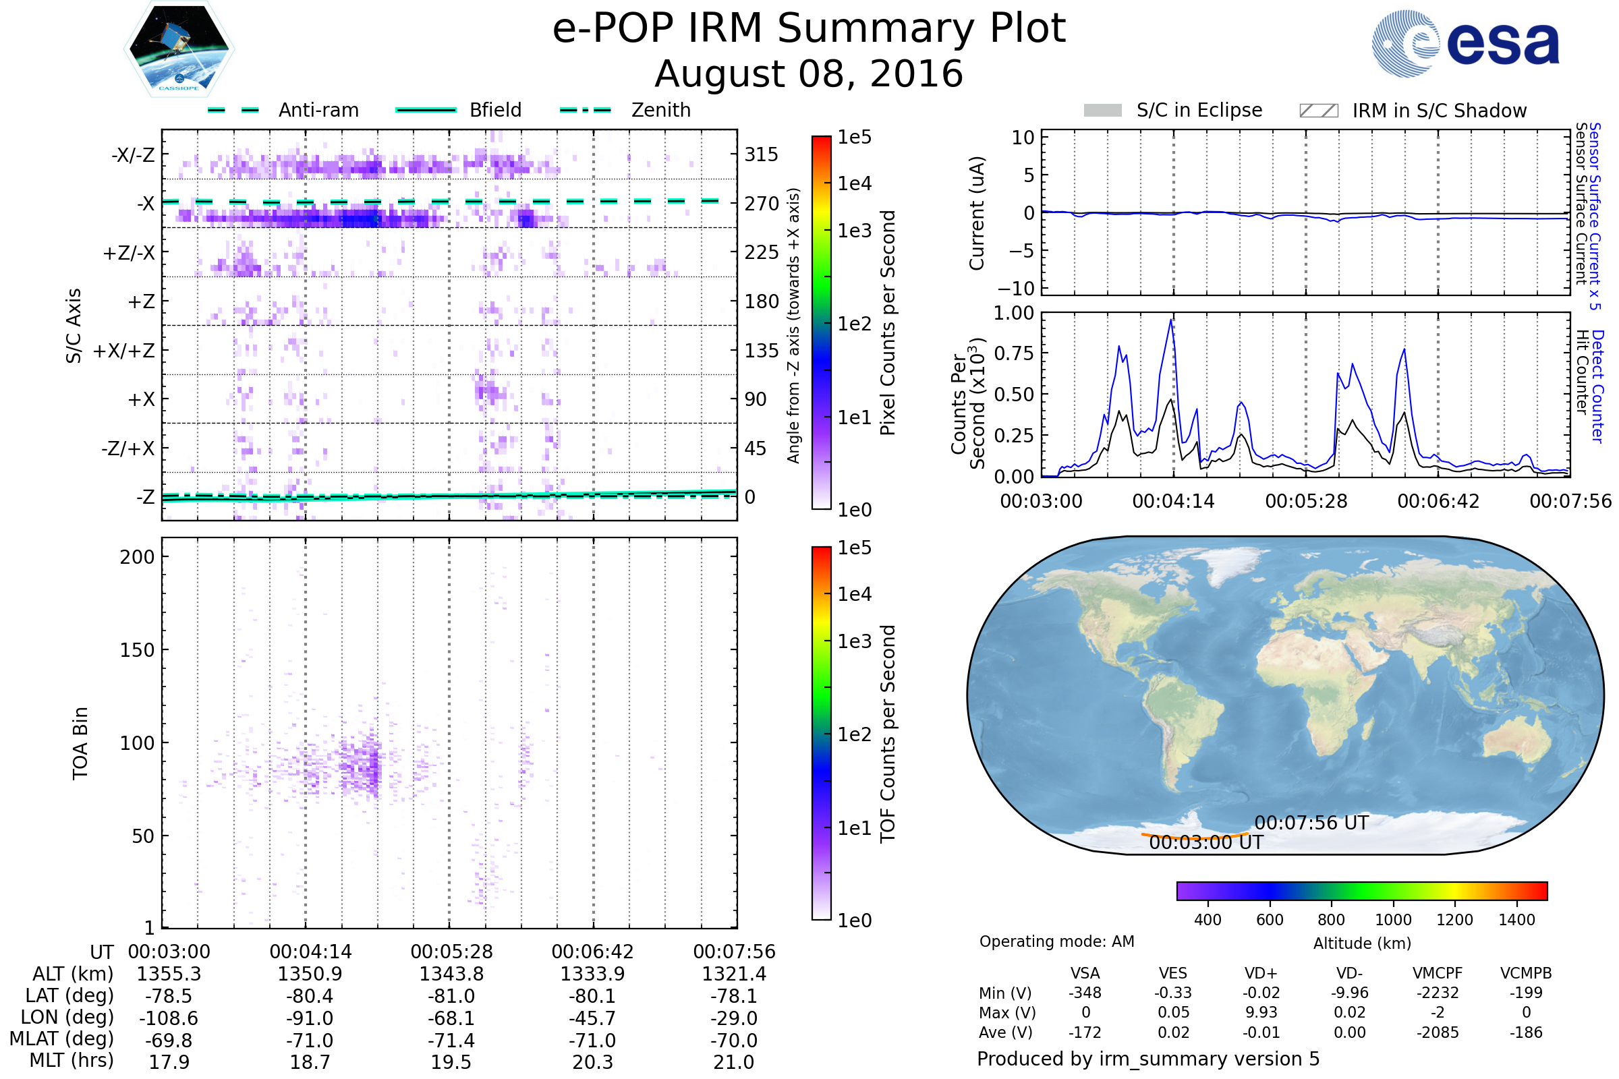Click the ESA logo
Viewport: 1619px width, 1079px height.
[1465, 43]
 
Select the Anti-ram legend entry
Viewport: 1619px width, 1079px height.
[283, 110]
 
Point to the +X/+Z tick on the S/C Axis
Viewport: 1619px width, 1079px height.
[124, 351]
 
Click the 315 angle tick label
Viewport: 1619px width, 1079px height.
[761, 154]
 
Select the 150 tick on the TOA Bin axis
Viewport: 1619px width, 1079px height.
[137, 650]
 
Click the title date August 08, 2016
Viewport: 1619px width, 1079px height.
[809, 74]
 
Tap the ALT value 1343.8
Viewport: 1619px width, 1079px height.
[451, 974]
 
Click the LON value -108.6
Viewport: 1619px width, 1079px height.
[169, 1018]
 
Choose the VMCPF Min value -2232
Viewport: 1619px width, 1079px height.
[1438, 993]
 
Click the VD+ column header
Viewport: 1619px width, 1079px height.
[1261, 973]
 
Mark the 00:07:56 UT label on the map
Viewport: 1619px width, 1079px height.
[1311, 823]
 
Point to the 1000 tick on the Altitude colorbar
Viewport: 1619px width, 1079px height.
[1393, 920]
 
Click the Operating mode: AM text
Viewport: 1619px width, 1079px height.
[1056, 941]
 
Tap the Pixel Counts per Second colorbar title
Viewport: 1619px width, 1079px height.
[888, 323]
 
